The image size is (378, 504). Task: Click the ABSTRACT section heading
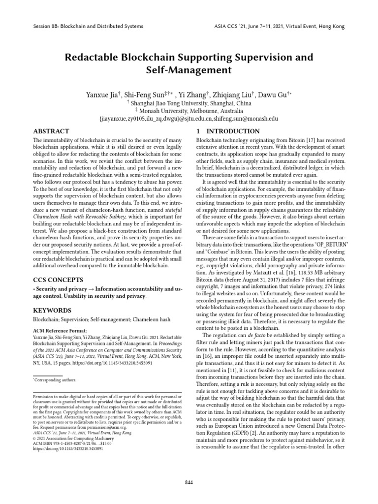tap(51, 131)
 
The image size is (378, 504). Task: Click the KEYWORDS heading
tap(51, 311)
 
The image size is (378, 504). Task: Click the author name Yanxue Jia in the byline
tap(103, 94)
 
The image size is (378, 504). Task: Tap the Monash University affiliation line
tap(190, 111)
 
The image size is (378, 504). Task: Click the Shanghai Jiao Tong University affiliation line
tap(190, 103)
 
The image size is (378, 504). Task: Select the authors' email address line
tap(189, 119)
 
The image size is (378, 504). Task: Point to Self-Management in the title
tap(189, 71)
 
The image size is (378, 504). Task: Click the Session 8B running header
tap(88, 26)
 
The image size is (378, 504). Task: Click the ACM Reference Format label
tap(60, 330)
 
